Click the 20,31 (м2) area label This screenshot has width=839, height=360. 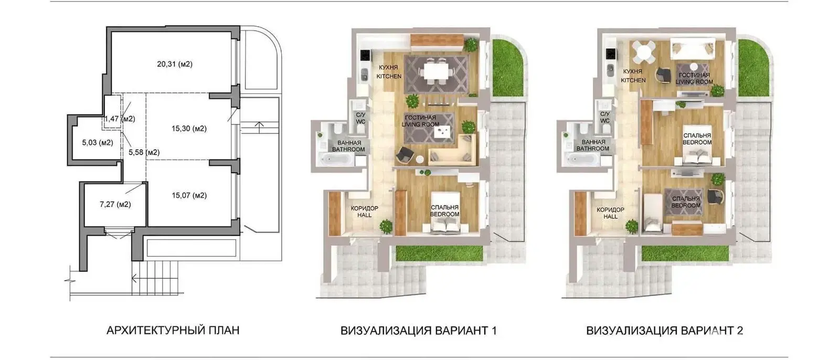click(x=175, y=64)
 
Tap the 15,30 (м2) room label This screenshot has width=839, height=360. click(x=189, y=129)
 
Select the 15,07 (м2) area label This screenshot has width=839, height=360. click(x=189, y=195)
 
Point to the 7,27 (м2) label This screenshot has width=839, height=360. click(x=115, y=204)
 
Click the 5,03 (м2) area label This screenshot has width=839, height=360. click(x=98, y=142)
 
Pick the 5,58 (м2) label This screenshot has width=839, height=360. click(x=144, y=152)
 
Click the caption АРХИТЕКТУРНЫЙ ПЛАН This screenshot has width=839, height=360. click(x=173, y=331)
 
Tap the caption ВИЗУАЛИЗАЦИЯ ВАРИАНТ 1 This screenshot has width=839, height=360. click(x=418, y=331)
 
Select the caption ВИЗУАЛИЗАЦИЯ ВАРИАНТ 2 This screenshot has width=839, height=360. click(x=664, y=331)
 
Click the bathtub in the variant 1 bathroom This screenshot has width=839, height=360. click(x=335, y=160)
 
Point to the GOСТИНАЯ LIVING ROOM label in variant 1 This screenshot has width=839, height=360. click(x=421, y=121)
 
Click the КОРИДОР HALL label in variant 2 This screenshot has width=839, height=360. click(x=611, y=213)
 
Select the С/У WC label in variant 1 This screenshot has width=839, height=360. click(x=360, y=118)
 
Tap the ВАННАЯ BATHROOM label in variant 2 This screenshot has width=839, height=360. click(x=593, y=145)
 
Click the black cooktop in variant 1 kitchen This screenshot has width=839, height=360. click(x=365, y=56)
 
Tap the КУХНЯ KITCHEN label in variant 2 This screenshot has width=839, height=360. click(x=633, y=76)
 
